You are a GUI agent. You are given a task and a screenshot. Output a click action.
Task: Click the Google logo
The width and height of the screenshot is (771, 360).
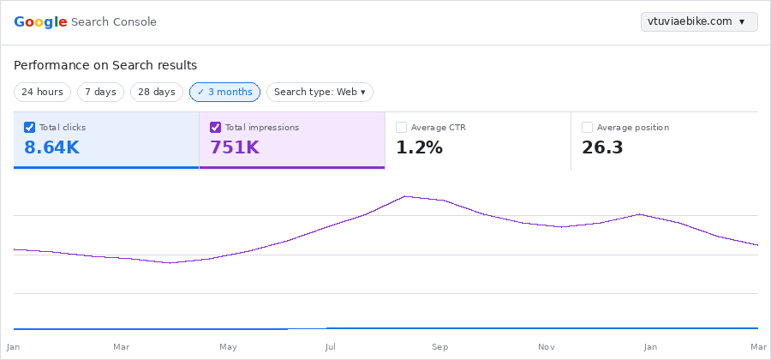pyautogui.click(x=40, y=21)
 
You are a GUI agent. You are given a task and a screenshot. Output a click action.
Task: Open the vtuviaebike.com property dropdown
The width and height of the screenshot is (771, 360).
pyautogui.click(x=698, y=21)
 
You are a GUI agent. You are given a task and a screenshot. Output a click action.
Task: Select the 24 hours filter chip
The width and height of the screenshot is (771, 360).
pyautogui.click(x=42, y=92)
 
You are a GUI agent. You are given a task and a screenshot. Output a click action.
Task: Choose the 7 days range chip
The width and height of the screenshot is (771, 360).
pyautogui.click(x=100, y=92)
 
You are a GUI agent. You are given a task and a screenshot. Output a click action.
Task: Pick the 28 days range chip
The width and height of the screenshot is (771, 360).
pyautogui.click(x=157, y=92)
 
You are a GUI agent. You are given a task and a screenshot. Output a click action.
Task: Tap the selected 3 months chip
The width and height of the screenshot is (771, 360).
pyautogui.click(x=224, y=92)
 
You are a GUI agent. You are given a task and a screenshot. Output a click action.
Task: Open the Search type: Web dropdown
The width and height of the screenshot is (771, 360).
pyautogui.click(x=320, y=92)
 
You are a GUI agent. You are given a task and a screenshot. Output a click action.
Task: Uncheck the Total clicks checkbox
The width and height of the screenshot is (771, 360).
pyautogui.click(x=30, y=128)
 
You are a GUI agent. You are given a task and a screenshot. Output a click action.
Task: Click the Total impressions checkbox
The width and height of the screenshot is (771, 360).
pyautogui.click(x=216, y=128)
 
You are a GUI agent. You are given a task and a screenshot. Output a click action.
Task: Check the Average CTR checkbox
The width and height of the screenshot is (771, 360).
pyautogui.click(x=401, y=128)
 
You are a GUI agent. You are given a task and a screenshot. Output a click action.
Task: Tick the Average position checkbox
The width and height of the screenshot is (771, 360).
pyautogui.click(x=587, y=128)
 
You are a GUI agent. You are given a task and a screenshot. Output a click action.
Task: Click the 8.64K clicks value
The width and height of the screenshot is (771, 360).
pyautogui.click(x=51, y=147)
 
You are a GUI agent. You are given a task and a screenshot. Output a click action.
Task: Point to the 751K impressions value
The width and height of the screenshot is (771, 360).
pyautogui.click(x=234, y=147)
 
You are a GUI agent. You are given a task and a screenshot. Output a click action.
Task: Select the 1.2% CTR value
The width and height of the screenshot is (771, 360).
pyautogui.click(x=419, y=147)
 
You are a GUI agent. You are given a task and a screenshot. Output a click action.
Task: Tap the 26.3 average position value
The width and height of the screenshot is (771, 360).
pyautogui.click(x=602, y=147)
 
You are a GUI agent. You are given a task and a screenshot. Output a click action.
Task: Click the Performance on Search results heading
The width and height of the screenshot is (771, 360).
pyautogui.click(x=105, y=65)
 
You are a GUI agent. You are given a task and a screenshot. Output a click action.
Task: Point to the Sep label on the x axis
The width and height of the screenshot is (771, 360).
pyautogui.click(x=439, y=347)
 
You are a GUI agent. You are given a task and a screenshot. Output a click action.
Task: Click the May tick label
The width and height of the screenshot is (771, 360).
pyautogui.click(x=228, y=347)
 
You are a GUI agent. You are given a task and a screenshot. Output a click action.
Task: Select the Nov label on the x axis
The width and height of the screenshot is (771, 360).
pyautogui.click(x=546, y=347)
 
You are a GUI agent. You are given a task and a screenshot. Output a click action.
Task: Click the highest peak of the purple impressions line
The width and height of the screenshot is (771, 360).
pyautogui.click(x=406, y=196)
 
